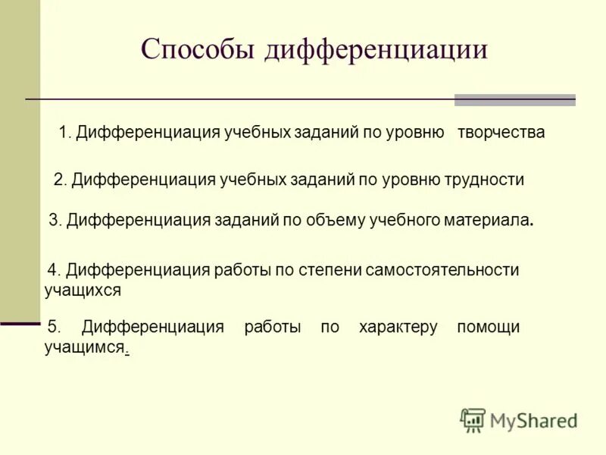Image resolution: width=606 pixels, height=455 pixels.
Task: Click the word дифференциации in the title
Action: point(376,49)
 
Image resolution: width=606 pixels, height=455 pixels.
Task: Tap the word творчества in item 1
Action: point(501,132)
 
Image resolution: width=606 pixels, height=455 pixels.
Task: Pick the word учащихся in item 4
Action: point(83,290)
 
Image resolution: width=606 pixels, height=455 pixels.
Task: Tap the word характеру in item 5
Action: point(398,327)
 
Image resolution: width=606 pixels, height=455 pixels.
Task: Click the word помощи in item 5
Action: point(488,327)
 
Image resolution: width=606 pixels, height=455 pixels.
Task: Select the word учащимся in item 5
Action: point(83,347)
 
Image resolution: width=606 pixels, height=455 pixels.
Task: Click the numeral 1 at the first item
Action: point(63,132)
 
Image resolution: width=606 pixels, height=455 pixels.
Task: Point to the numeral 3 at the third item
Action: point(53,221)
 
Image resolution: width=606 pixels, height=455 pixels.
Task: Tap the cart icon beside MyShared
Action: point(473,420)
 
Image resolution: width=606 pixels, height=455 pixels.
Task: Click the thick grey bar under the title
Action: point(514,100)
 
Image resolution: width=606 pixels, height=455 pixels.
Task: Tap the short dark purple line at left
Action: point(20,323)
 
